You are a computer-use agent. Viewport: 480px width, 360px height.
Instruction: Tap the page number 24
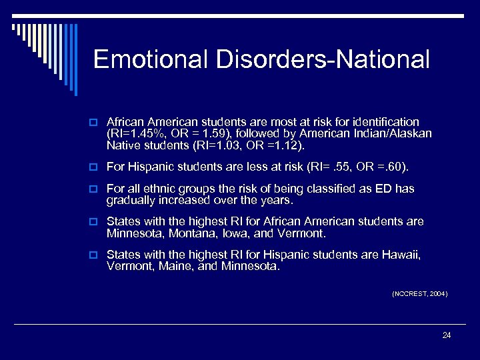(446, 335)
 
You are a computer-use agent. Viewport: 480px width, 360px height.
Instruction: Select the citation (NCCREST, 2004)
(419, 293)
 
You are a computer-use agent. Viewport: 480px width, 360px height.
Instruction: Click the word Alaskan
(410, 133)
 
